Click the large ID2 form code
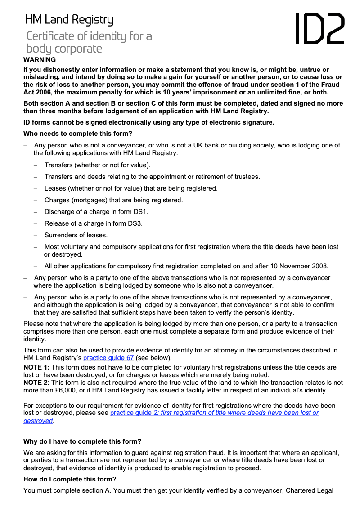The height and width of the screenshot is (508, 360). coord(320,28)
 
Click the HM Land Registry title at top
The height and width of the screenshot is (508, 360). coord(69,20)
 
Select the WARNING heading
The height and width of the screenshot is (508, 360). coord(40,59)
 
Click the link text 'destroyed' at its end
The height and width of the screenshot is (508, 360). coord(38,421)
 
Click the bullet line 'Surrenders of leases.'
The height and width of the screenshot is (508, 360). coord(76,235)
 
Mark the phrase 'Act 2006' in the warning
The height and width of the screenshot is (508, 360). coord(39,93)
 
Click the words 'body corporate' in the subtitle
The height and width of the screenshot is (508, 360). coord(64,49)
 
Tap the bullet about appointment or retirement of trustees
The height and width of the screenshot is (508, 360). coord(152,177)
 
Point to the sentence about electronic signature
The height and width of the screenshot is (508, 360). coord(148,122)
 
